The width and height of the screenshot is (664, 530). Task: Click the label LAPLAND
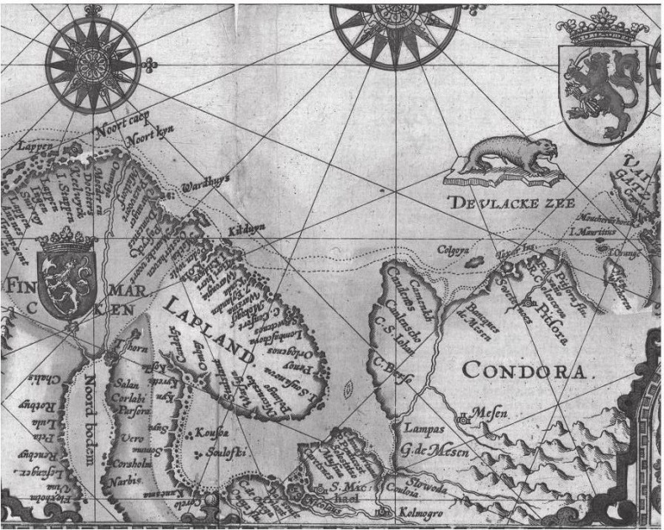(211, 329)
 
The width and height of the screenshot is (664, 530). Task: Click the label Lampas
(418, 430)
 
